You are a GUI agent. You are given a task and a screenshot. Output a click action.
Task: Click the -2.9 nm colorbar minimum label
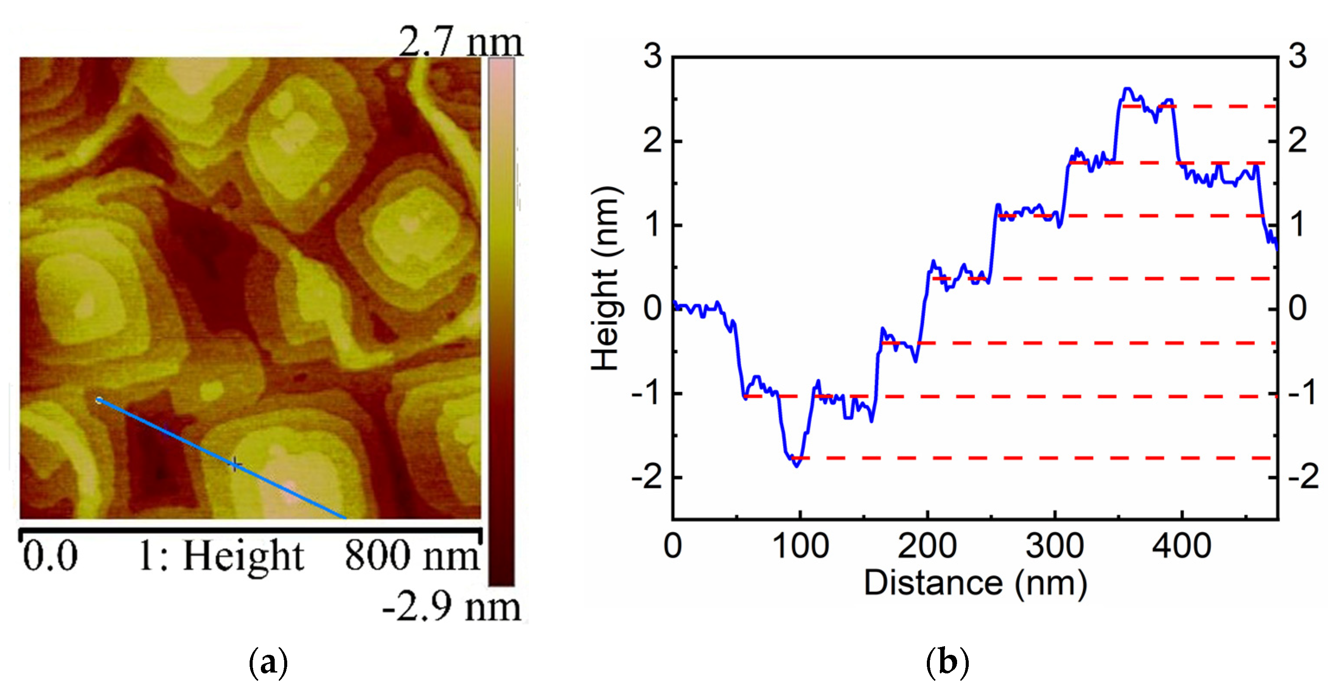(x=451, y=607)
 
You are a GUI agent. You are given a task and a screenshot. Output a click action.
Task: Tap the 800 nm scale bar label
(x=412, y=556)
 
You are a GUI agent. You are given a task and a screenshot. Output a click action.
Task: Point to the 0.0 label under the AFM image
(x=50, y=556)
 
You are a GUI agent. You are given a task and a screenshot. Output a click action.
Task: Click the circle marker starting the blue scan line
(x=99, y=400)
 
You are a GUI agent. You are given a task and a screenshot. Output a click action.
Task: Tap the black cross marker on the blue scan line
(x=235, y=464)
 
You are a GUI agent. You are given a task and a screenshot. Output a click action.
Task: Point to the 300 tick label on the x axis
(x=1054, y=546)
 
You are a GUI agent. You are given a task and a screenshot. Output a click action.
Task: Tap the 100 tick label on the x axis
(x=800, y=546)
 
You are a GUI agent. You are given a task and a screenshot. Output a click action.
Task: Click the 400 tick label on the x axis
(x=1181, y=546)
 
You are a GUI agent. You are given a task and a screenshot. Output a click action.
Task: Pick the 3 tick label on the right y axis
(x=1297, y=56)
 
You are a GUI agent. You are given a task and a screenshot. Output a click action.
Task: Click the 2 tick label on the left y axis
(x=653, y=140)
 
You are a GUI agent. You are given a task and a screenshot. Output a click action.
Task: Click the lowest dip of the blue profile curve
(x=796, y=466)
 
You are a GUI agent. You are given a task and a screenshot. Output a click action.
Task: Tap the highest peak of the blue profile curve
(x=1127, y=89)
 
